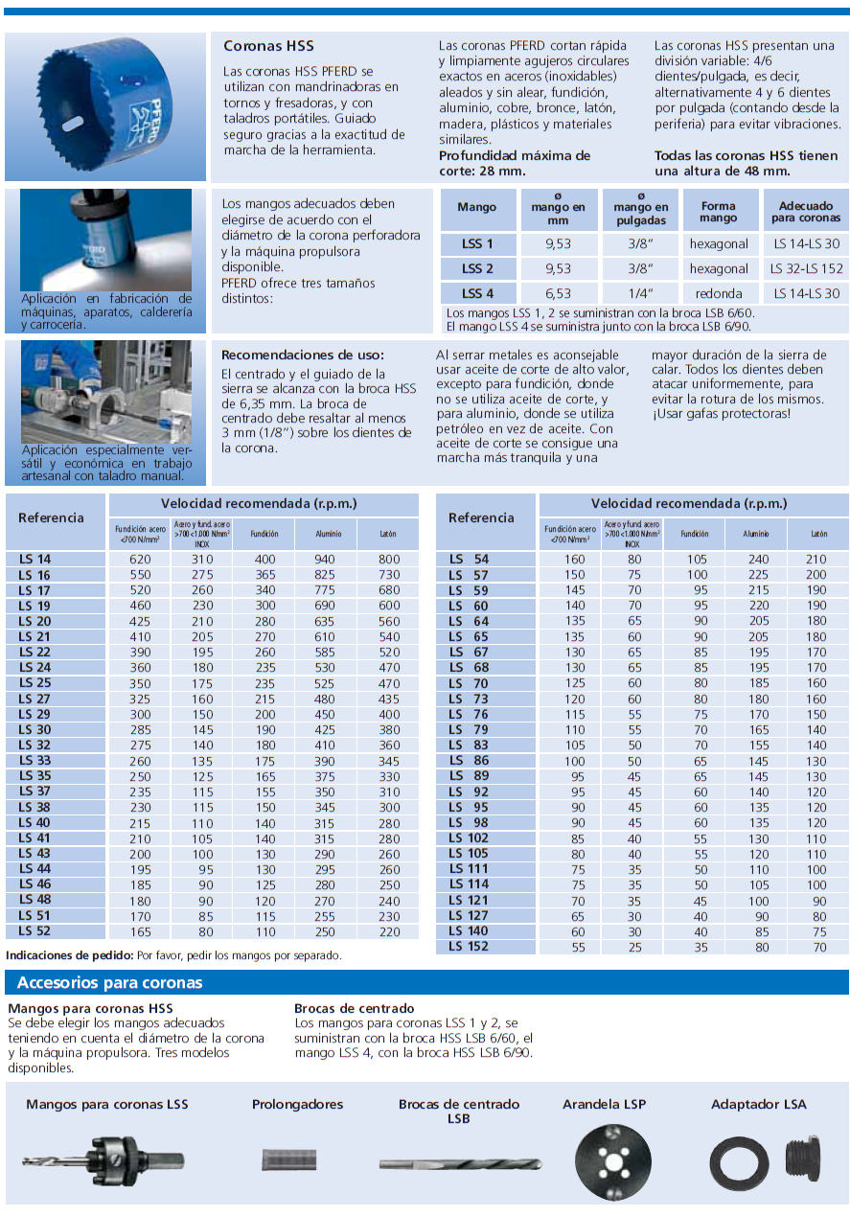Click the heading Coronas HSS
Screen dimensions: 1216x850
coord(268,46)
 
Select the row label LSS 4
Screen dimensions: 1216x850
coord(477,293)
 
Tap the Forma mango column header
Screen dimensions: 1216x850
coord(718,212)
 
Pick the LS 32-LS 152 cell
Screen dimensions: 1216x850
coord(807,268)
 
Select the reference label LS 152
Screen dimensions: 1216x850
coord(469,947)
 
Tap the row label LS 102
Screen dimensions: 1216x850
coord(469,838)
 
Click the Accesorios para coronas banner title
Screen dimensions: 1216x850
coord(110,983)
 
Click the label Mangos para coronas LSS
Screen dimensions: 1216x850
coord(107,1104)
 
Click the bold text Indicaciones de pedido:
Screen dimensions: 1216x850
coord(69,955)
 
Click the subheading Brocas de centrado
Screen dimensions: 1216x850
coord(354,1008)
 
